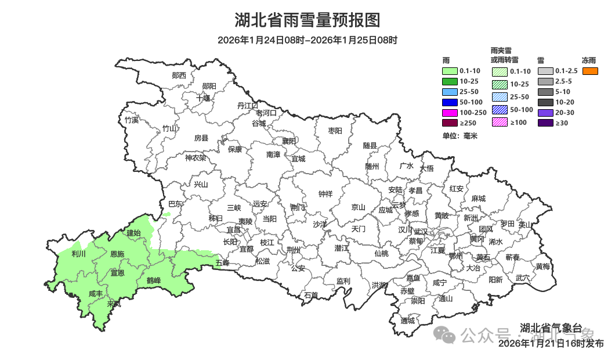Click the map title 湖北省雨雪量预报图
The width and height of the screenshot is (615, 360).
click(x=307, y=21)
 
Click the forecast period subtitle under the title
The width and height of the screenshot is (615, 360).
click(x=307, y=40)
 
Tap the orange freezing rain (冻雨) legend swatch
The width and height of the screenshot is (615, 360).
click(x=590, y=71)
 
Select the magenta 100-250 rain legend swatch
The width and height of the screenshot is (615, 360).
click(x=450, y=113)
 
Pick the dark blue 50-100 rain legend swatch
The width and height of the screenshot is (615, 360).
click(x=450, y=102)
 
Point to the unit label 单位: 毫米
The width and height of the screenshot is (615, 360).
click(x=460, y=136)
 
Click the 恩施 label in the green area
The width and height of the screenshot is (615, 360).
click(x=117, y=254)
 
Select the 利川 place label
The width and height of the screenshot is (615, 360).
click(x=78, y=254)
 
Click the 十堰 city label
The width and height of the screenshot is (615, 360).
click(x=203, y=98)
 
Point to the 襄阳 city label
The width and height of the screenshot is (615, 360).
click(x=289, y=141)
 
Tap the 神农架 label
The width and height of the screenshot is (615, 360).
click(x=195, y=157)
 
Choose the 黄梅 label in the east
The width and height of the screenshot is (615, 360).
click(x=543, y=266)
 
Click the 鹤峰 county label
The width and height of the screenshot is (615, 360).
click(x=153, y=280)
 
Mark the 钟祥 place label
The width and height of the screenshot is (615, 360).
click(x=325, y=194)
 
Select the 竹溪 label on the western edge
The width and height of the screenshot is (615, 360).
click(x=132, y=120)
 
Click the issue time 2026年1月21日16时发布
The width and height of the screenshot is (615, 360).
click(x=551, y=344)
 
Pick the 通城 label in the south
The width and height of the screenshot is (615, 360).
click(x=408, y=321)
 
